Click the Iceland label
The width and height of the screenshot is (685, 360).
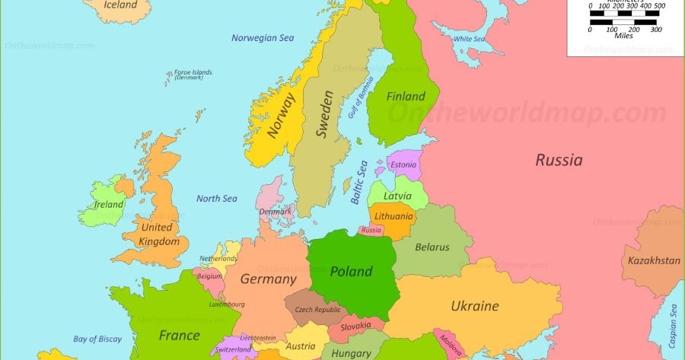click(x=120, y=5)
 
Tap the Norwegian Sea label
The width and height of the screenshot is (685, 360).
click(x=263, y=38)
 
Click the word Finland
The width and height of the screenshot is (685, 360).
click(x=406, y=97)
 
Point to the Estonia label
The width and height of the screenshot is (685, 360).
click(x=403, y=164)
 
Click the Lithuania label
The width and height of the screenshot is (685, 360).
click(x=393, y=216)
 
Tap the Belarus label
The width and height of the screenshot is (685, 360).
click(x=432, y=247)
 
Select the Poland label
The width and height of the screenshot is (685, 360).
click(x=351, y=271)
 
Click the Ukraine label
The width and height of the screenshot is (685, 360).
click(x=475, y=306)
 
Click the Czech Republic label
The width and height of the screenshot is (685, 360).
click(x=317, y=310)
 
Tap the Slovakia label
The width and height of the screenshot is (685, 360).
click(x=355, y=327)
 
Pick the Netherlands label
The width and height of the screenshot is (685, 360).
click(x=218, y=259)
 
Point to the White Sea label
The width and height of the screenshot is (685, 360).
click(x=469, y=39)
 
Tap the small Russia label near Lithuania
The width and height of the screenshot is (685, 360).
click(x=371, y=230)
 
